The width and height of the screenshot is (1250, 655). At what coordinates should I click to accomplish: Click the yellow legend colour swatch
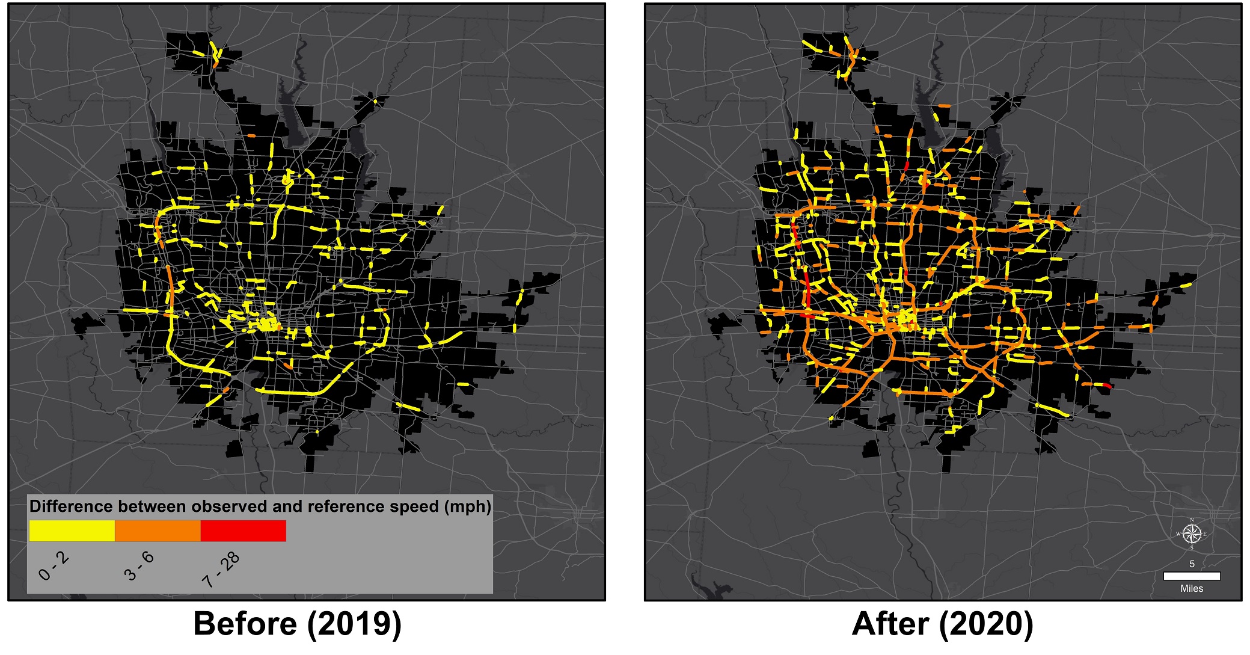click(72, 530)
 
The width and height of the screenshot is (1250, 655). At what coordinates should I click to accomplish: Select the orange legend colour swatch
click(158, 530)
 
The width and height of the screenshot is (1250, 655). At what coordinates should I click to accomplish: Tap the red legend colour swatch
click(243, 530)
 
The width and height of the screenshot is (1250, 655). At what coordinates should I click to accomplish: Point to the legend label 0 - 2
click(53, 567)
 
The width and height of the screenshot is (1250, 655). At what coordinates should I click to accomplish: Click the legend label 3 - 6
click(139, 567)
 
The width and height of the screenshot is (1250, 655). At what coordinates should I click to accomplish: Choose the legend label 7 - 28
click(220, 570)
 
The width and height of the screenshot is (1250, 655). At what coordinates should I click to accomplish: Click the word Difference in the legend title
click(72, 506)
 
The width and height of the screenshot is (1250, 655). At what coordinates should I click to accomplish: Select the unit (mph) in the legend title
click(468, 506)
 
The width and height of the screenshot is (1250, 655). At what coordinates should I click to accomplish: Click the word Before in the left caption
click(245, 624)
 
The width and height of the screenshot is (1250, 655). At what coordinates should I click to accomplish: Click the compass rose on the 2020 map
click(1191, 534)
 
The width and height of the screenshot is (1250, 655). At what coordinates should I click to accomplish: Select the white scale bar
click(1192, 576)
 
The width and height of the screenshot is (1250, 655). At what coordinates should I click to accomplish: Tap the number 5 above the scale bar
click(1192, 564)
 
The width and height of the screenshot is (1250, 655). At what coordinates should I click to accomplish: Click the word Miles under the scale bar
click(1192, 589)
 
